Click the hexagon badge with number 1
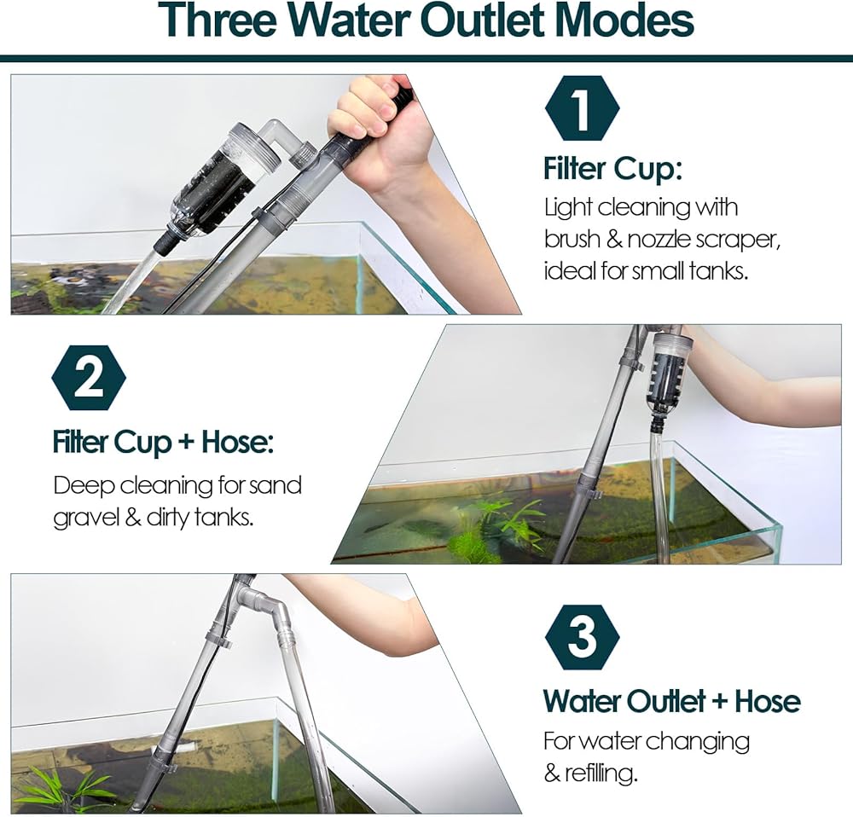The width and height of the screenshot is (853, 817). pyautogui.click(x=582, y=108)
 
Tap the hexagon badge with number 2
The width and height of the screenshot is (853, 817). pyautogui.click(x=89, y=378)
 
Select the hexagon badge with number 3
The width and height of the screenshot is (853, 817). pyautogui.click(x=582, y=637)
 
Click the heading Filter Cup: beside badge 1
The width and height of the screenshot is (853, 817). pyautogui.click(x=612, y=169)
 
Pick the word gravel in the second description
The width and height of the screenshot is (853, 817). pyautogui.click(x=86, y=518)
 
